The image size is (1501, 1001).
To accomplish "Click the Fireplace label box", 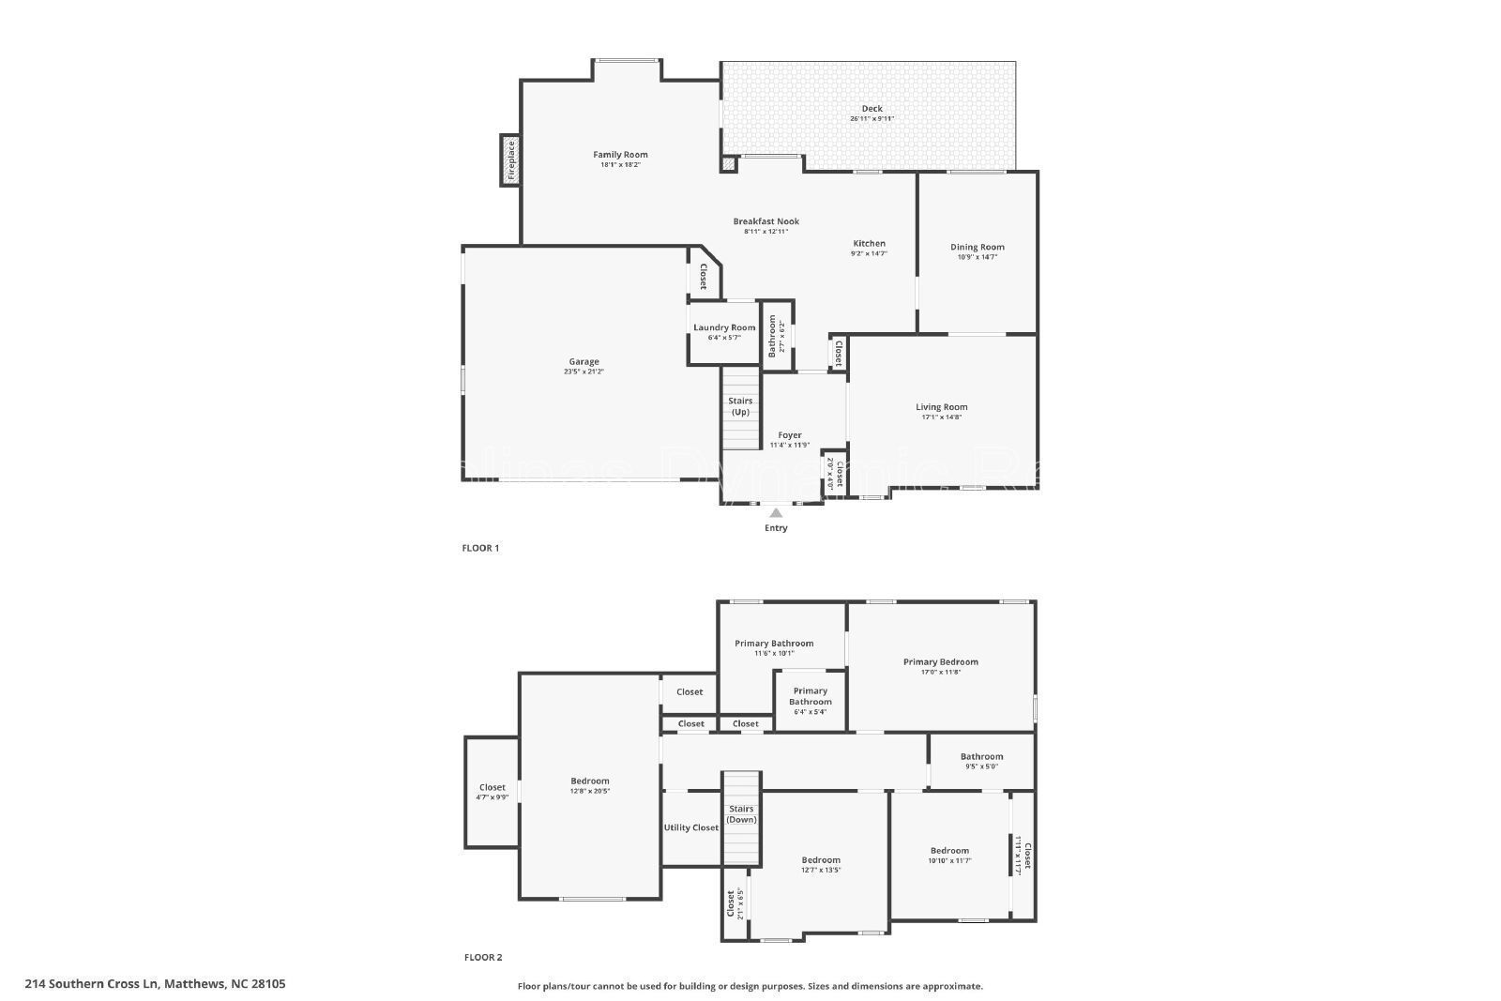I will pos(511,159).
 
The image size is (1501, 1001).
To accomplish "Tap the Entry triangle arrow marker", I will pos(776,512).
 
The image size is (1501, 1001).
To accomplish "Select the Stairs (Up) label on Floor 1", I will pos(741,406).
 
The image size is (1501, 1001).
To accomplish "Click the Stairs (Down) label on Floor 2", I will pos(741,813).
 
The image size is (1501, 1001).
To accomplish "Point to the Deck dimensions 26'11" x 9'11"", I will pos(872,119).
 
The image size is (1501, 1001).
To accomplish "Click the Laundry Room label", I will pos(724,327).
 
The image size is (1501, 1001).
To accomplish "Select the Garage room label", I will pos(584,361).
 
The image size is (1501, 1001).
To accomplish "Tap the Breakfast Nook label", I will pos(766,221).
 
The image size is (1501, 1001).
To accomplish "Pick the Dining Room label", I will pos(977,247).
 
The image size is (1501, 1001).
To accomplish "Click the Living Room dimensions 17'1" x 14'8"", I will pos(941,417).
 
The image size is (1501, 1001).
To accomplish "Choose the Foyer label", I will pos(790,435).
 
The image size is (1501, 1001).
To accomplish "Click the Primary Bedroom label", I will pos(940,661).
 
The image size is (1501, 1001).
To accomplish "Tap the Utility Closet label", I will pos(691,827).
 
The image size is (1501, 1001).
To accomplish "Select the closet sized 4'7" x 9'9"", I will pos(493,792).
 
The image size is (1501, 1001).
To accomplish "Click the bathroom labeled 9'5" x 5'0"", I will pos(981,761).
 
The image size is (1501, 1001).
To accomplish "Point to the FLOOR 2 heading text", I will pos(482,958).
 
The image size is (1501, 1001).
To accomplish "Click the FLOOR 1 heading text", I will pos(481,548).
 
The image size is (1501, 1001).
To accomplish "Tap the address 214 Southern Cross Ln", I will pos(155,984).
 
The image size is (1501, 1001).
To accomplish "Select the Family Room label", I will pos(620,155).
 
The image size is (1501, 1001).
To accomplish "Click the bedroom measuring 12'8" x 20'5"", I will pos(590,785).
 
